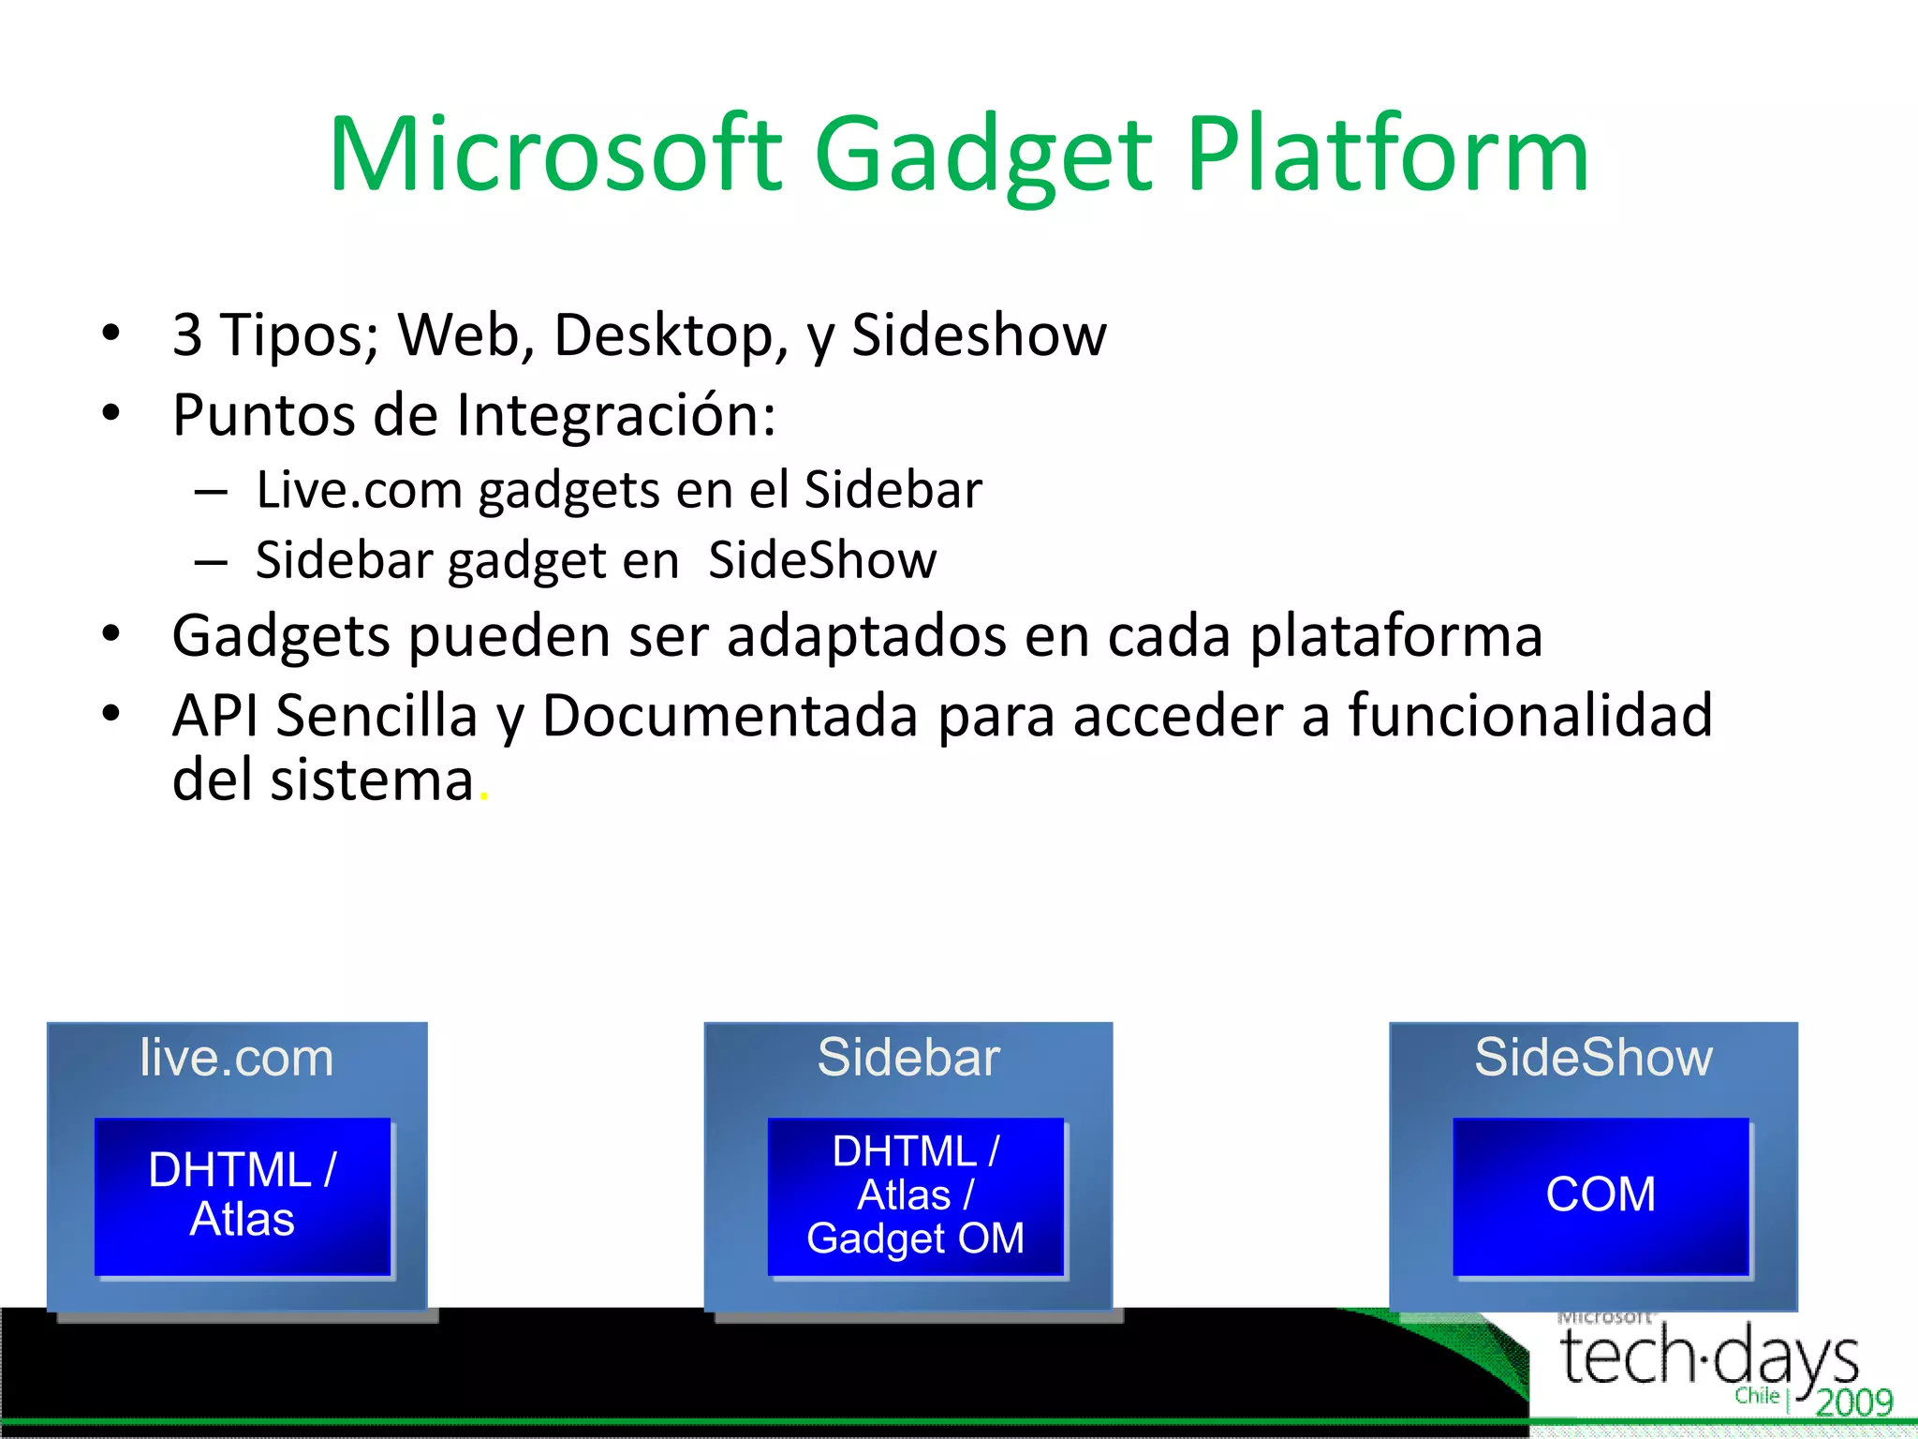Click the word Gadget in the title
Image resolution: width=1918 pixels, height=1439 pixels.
[983, 155]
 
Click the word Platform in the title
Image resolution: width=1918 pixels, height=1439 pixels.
[1388, 155]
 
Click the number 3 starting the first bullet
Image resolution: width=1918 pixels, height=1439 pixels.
[187, 334]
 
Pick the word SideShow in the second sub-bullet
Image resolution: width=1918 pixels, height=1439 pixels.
[822, 560]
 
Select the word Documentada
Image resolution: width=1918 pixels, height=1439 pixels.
[730, 716]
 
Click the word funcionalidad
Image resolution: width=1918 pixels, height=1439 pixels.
[1530, 716]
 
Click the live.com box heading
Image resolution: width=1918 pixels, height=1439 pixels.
[237, 1058]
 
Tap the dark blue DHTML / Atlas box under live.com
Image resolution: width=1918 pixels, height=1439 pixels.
[243, 1195]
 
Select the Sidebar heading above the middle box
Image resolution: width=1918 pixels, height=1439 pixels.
[908, 1058]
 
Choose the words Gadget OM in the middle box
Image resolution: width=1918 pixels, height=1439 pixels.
[915, 1239]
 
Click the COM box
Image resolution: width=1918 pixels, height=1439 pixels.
[1601, 1195]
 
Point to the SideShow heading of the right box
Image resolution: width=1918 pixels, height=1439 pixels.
[1593, 1058]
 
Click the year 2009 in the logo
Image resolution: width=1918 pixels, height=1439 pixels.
[1854, 1402]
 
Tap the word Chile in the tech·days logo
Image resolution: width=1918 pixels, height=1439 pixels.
[1757, 1396]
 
